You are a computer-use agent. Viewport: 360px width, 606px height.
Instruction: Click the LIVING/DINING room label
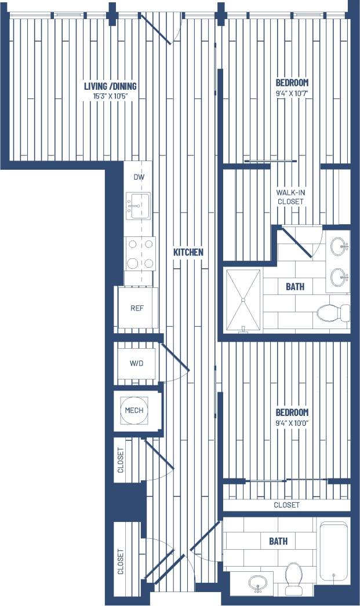coord(110,86)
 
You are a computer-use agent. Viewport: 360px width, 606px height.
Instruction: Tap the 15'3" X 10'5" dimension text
coord(110,96)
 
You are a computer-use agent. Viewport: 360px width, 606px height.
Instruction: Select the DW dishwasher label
coord(138,177)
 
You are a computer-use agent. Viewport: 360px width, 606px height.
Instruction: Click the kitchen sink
coord(138,206)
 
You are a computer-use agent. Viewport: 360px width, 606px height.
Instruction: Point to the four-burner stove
coord(140,254)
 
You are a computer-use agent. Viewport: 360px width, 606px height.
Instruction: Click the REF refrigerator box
coord(137,308)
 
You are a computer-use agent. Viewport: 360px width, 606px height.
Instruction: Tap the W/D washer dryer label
coord(137,364)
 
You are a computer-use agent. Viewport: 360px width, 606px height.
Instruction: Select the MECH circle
coord(134,410)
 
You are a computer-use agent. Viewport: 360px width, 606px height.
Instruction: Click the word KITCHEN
coord(188,252)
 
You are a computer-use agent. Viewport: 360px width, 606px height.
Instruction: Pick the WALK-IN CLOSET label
coord(290,196)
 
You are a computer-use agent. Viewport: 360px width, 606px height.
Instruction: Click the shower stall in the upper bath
coord(243,300)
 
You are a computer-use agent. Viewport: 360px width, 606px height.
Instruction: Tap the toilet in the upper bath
coord(333,313)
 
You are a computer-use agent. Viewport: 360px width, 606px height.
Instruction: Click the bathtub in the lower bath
coord(333,550)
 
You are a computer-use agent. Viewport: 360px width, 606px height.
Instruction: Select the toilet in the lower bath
coord(294,578)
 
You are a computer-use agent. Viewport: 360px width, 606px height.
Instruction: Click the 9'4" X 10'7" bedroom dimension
coord(292,93)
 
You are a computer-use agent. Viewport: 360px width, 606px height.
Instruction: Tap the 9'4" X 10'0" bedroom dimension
coord(292,423)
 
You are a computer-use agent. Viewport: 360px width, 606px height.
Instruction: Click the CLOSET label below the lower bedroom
coord(287,505)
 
